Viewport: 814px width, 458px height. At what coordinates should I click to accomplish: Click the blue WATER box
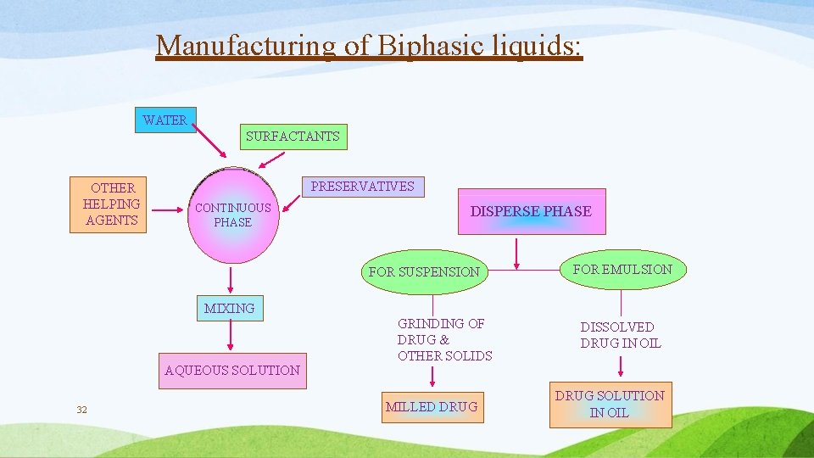click(x=165, y=120)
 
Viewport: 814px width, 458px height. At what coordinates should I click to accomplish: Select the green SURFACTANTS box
click(x=293, y=137)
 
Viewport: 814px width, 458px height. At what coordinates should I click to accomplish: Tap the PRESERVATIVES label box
click(x=363, y=187)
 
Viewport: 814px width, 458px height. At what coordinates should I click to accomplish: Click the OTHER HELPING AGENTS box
click(x=111, y=204)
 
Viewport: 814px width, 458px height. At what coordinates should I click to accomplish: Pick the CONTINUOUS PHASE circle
click(x=232, y=215)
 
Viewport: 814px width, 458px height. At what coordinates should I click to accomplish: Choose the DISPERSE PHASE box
click(x=532, y=211)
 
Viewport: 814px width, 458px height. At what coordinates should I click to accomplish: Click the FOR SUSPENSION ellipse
click(x=424, y=271)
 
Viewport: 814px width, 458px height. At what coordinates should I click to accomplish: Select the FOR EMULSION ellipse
click(x=622, y=270)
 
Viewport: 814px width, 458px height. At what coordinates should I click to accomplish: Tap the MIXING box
click(x=229, y=309)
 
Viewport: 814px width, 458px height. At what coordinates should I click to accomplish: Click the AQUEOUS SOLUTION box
click(x=232, y=371)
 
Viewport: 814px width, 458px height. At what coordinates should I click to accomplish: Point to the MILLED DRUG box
click(x=432, y=407)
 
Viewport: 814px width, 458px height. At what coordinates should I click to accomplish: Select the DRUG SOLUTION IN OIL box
click(x=610, y=405)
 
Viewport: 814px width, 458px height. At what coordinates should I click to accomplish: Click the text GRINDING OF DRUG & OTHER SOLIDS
click(x=444, y=339)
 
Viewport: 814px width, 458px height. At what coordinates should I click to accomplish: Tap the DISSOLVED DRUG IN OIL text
click(x=621, y=335)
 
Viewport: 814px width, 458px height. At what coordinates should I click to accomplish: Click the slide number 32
click(x=81, y=411)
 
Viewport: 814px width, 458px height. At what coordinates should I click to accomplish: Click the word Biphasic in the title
click(x=412, y=45)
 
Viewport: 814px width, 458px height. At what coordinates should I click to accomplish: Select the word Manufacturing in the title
click(x=245, y=45)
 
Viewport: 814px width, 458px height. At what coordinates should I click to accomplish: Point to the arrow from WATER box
click(x=211, y=143)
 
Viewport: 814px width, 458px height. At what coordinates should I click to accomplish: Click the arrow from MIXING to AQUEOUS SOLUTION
click(x=230, y=338)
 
